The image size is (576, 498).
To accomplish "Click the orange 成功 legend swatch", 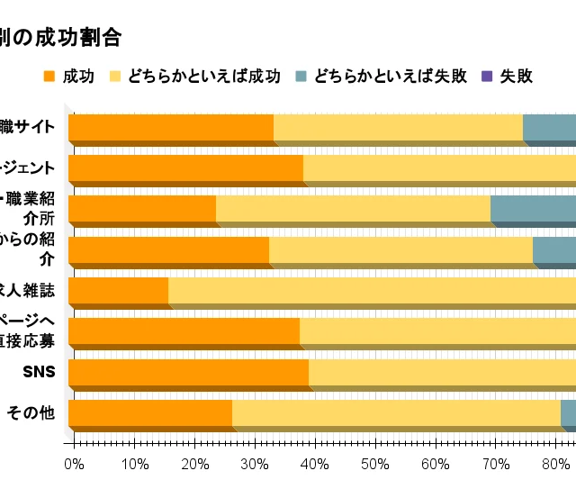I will pyautogui.click(x=49, y=77).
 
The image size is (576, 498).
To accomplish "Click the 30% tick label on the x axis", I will pyautogui.click(x=255, y=464).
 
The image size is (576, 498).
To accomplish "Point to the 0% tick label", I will pyautogui.click(x=74, y=464).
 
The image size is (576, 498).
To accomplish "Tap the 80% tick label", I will pyautogui.click(x=556, y=464).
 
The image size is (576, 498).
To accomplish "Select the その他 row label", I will pyautogui.click(x=31, y=413).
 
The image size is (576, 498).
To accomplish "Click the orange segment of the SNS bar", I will pyautogui.click(x=188, y=372).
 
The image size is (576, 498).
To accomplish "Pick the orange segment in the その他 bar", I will pyautogui.click(x=149, y=412).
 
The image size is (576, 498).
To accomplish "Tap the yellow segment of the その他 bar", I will pyautogui.click(x=396, y=412).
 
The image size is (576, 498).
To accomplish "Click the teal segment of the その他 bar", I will pyautogui.click(x=568, y=412).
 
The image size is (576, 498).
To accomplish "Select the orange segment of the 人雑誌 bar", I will pyautogui.click(x=118, y=290).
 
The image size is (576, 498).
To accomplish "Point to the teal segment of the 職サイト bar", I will pyautogui.click(x=549, y=128).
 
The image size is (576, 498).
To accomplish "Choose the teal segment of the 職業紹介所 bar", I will pyautogui.click(x=533, y=209).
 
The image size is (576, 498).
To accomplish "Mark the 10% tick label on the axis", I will pyautogui.click(x=134, y=464).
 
